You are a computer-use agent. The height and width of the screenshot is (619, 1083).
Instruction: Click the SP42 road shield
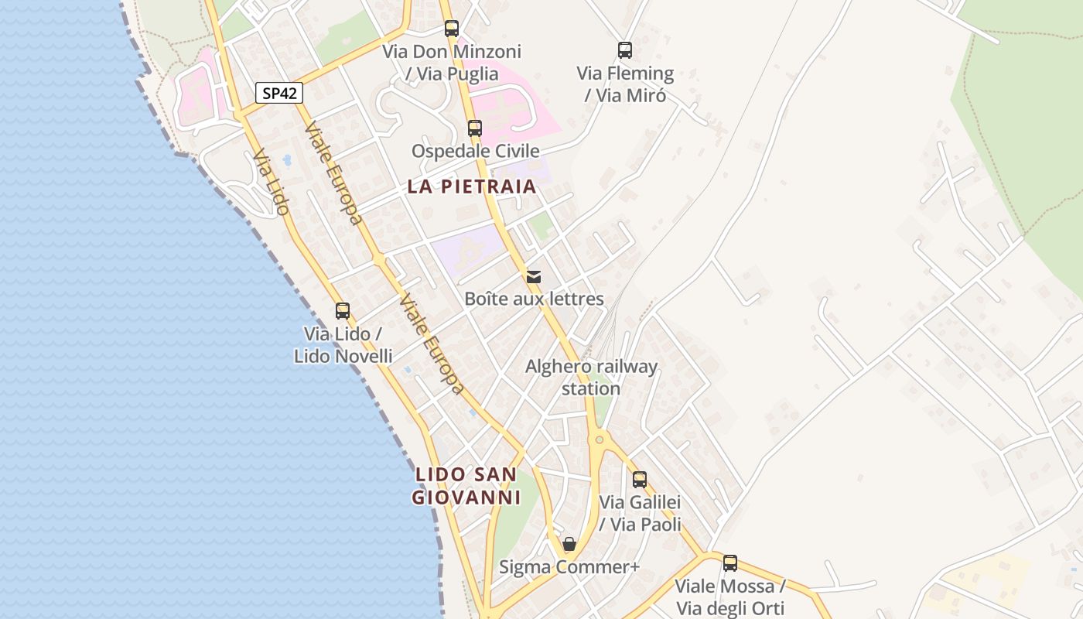click(279, 94)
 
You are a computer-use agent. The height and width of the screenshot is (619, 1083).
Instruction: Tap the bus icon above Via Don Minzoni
click(452, 29)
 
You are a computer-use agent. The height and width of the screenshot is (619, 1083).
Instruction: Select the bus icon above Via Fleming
click(625, 50)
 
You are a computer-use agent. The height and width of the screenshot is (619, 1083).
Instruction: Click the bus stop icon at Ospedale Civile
click(475, 128)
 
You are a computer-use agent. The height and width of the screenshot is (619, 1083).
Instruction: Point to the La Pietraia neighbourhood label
click(472, 186)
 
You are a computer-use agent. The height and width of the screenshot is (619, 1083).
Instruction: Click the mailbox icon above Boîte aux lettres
click(534, 276)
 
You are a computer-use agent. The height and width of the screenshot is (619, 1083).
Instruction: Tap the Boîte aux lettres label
click(534, 299)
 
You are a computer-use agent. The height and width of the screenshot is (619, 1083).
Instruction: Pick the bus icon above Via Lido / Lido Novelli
click(343, 311)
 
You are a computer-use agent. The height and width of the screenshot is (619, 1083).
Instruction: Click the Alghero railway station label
click(591, 378)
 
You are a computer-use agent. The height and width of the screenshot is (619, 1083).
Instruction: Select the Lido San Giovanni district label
click(466, 486)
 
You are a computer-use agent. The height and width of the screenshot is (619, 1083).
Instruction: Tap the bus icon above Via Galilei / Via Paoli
click(640, 480)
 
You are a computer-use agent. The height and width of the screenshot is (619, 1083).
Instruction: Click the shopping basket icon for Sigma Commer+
click(569, 545)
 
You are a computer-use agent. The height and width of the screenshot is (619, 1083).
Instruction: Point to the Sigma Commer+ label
click(569, 567)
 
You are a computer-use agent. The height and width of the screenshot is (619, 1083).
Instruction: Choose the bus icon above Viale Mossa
click(730, 563)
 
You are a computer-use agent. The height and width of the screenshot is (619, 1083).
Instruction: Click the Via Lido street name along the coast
click(271, 183)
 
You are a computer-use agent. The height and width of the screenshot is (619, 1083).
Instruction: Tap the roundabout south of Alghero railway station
click(599, 439)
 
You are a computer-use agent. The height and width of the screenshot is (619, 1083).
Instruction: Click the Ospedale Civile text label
click(475, 151)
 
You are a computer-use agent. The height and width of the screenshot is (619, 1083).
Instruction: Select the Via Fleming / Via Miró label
click(625, 84)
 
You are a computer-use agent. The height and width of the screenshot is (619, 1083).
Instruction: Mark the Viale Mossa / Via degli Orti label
click(730, 597)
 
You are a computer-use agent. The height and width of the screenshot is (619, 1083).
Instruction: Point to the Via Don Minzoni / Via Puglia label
click(452, 63)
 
